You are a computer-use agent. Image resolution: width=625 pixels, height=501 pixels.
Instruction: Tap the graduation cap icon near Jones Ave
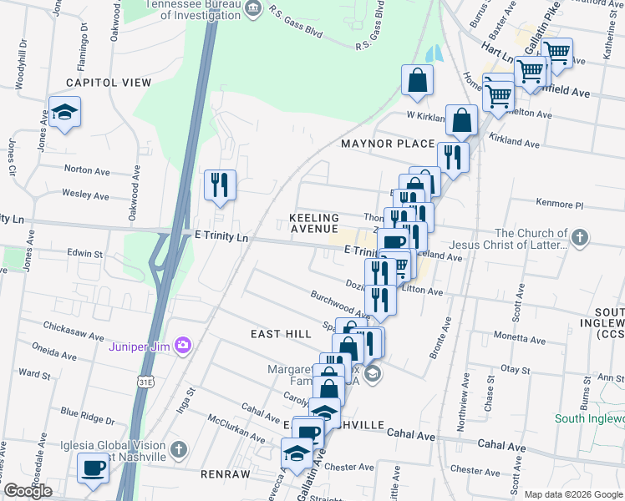pos(63,112)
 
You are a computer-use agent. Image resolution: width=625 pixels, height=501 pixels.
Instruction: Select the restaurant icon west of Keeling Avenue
pos(221,184)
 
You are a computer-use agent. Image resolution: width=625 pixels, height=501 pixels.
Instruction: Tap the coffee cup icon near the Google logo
pos(93,467)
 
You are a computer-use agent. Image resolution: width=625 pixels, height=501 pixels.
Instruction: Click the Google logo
pos(28,491)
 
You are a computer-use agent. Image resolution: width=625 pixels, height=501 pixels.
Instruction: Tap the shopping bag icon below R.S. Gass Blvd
pos(417,80)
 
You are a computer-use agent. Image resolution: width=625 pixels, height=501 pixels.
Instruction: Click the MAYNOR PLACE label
pos(388,144)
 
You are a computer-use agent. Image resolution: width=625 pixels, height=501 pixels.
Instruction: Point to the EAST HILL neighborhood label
pos(281,333)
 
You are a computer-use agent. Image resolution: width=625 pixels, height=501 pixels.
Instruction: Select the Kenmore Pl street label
pos(555,204)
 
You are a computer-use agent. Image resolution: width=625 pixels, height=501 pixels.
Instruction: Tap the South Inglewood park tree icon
pos(617,418)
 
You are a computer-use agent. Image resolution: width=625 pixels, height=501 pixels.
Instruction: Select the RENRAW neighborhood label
pos(226,473)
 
